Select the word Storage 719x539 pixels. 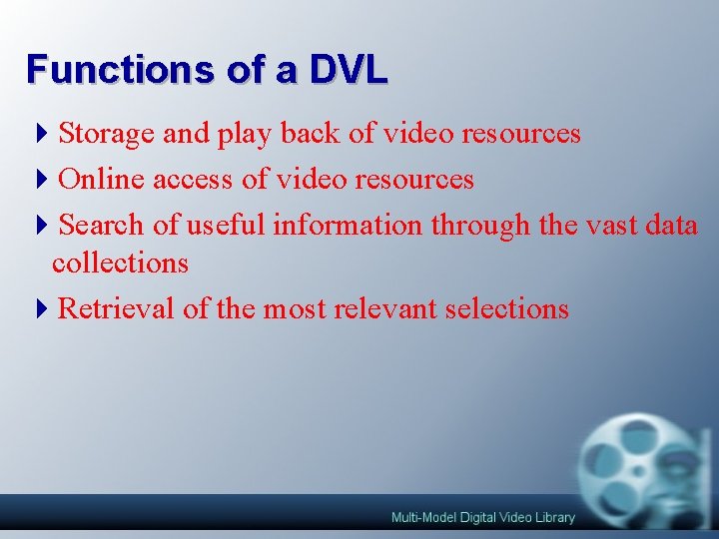(x=103, y=134)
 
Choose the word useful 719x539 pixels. (x=221, y=225)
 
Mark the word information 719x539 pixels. (x=348, y=225)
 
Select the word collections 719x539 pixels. (x=121, y=263)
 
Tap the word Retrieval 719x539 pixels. (x=117, y=308)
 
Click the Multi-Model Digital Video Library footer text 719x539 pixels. (x=483, y=517)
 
